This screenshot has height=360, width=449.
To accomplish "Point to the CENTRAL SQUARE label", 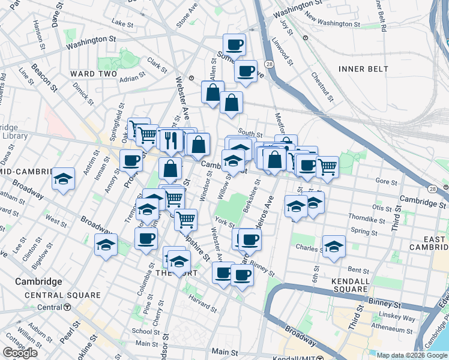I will (x=62, y=295).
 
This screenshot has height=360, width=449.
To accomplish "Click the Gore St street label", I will (x=386, y=181).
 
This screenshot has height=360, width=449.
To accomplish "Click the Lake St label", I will (x=122, y=23).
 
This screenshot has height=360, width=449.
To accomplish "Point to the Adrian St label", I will (x=133, y=77).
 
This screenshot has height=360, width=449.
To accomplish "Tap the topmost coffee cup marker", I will (x=234, y=44).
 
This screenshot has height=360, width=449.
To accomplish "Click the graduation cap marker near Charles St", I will (x=334, y=247).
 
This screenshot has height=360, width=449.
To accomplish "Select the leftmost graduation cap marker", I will (x=63, y=179).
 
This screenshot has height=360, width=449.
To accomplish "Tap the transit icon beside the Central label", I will (x=67, y=307).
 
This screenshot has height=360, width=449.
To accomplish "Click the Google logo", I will (x=20, y=353).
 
